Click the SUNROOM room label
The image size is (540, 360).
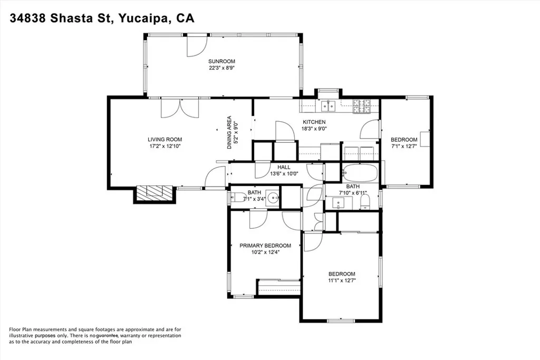[221, 61]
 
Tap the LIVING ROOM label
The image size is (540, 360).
[165, 139]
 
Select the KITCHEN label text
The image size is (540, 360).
[314, 122]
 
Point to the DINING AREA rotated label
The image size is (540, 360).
[229, 132]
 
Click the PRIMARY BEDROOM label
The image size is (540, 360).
[265, 246]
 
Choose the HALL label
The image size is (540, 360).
[284, 167]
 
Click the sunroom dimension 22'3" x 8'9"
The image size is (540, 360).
[222, 68]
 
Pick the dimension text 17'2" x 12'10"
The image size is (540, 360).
[165, 146]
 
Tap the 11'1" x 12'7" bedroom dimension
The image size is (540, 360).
[342, 280]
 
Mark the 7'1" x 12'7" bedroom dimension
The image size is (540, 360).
[404, 147]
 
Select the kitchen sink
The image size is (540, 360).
[328, 106]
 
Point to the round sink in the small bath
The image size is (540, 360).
[274, 198]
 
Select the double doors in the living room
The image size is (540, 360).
[180, 108]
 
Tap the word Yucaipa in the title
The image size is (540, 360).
[143, 18]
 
